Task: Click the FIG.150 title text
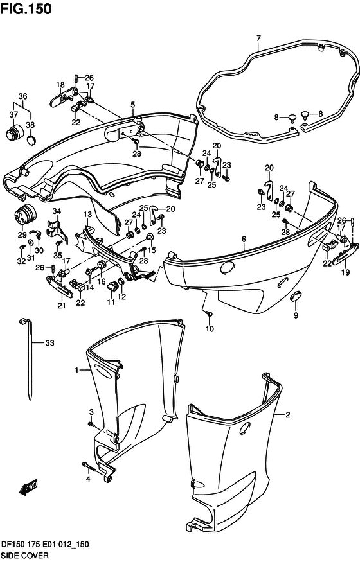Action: pyautogui.click(x=26, y=8)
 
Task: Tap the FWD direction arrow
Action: pyautogui.click(x=29, y=487)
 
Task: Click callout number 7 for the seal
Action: pyautogui.click(x=258, y=38)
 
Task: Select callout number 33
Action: pyautogui.click(x=50, y=342)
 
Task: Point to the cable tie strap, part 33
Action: pyautogui.click(x=29, y=358)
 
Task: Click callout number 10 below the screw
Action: pyautogui.click(x=210, y=328)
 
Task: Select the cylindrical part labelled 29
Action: pyautogui.click(x=26, y=215)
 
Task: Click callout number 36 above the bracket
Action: pyautogui.click(x=22, y=96)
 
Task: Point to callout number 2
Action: pyautogui.click(x=287, y=415)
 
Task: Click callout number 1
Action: pyautogui.click(x=76, y=370)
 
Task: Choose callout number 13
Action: pyautogui.click(x=88, y=215)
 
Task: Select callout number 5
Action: pyautogui.click(x=132, y=105)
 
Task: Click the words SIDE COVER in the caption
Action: pyautogui.click(x=25, y=555)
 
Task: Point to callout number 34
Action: pyautogui.click(x=57, y=211)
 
